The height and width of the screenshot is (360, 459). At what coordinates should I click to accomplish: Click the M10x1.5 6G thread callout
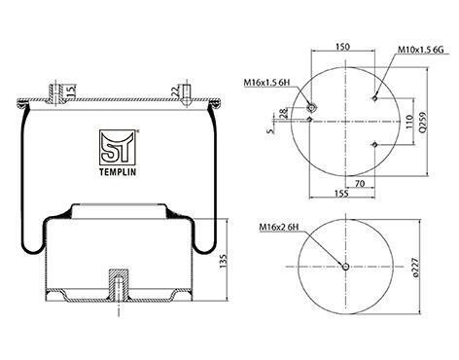tap(420, 50)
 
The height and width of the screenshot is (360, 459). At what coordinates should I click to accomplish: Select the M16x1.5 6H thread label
tap(266, 83)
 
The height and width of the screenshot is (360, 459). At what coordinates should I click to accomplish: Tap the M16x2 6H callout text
tap(279, 228)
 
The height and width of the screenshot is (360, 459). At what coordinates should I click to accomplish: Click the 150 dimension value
tap(343, 47)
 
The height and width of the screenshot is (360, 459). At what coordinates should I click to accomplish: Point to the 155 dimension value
tap(342, 194)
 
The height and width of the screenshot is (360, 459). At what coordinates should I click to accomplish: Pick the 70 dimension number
tap(360, 184)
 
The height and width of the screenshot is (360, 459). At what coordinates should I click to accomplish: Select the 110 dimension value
tap(409, 122)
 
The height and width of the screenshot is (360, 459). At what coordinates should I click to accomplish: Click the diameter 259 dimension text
tap(423, 122)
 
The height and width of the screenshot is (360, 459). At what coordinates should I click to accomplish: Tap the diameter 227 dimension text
tap(416, 268)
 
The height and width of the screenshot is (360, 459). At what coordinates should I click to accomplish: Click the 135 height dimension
tap(224, 261)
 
